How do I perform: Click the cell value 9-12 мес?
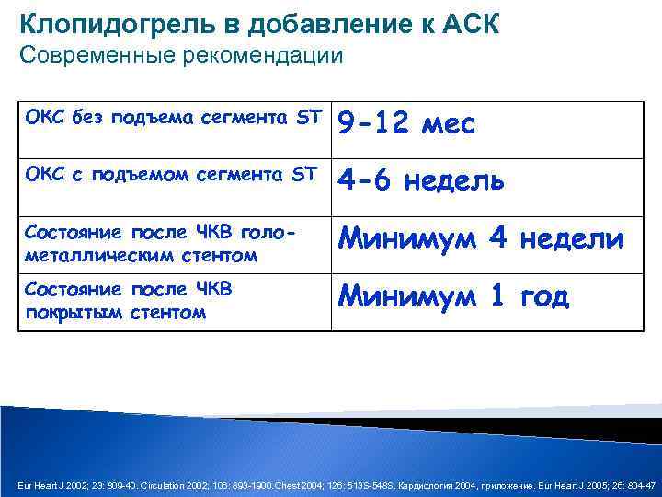click(x=406, y=124)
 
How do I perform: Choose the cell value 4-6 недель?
click(x=421, y=181)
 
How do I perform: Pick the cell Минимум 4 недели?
click(x=481, y=239)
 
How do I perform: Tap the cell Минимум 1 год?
click(x=453, y=296)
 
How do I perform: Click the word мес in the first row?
click(x=447, y=124)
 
